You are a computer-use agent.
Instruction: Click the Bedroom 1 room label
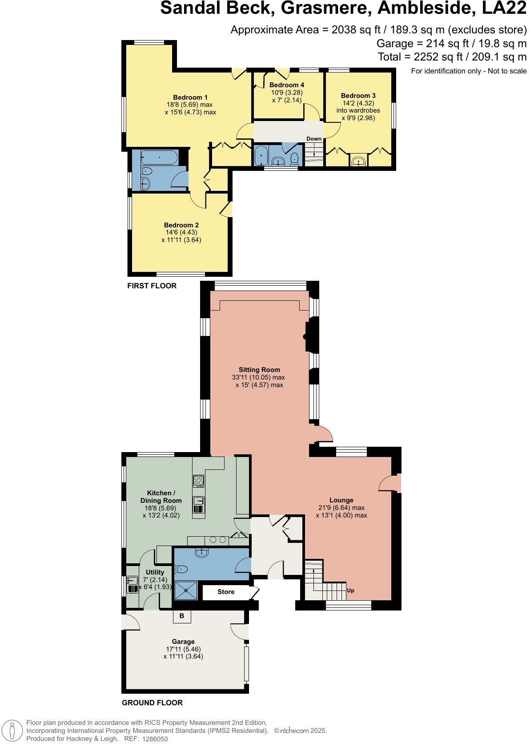[x=190, y=97]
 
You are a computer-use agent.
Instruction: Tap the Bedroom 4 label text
[x=287, y=85]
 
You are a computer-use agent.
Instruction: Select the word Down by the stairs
[x=314, y=139]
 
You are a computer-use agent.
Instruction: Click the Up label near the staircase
[x=350, y=590]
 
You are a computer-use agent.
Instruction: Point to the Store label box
[x=226, y=592]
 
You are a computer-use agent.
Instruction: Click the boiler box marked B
[x=182, y=616]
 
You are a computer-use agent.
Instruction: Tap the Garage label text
[x=183, y=642]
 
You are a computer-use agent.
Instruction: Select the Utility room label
[x=155, y=572]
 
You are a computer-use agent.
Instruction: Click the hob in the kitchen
[x=198, y=481]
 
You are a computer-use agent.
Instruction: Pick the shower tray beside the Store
[x=186, y=590]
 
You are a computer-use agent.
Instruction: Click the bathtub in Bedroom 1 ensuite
[x=159, y=158]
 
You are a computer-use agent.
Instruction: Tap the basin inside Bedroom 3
[x=358, y=161]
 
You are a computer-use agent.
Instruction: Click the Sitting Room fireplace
[x=307, y=336]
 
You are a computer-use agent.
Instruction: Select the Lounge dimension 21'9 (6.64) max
[x=341, y=508]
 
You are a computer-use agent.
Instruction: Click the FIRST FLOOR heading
[x=152, y=286]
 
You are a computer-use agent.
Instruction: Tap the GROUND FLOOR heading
[x=152, y=703]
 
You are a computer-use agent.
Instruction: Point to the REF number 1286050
[x=155, y=739]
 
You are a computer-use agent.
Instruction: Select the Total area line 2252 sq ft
[x=452, y=57]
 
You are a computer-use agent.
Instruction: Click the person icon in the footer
[x=12, y=731]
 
